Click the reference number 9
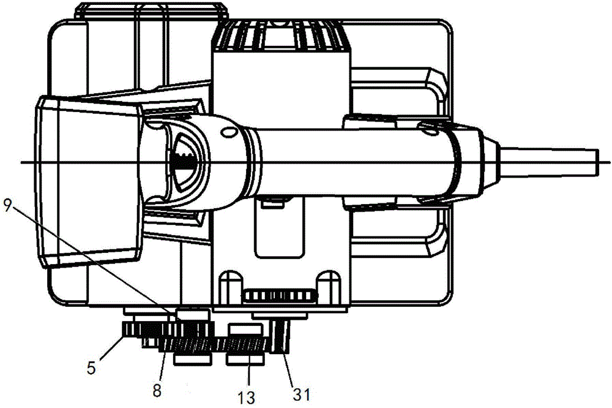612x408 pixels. [8, 205]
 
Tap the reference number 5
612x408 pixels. [91, 368]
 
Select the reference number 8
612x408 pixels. [157, 390]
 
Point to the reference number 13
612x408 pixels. [246, 397]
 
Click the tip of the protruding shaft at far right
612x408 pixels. [597, 162]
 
